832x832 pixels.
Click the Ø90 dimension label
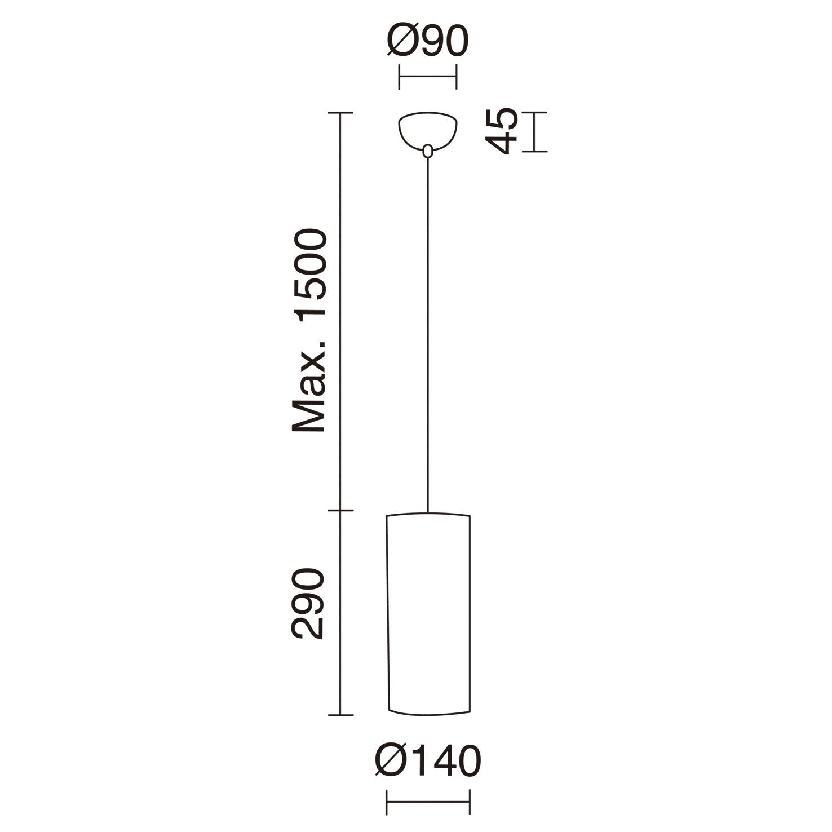(428, 41)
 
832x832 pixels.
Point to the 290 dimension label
(309, 604)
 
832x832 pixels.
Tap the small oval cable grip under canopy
(428, 151)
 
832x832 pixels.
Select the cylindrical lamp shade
(428, 614)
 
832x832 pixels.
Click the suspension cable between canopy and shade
(428, 333)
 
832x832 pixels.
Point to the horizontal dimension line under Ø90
(428, 77)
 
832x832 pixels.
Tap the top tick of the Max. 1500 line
(340, 113)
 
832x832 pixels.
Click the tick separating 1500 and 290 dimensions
(340, 511)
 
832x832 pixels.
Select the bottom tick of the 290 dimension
(340, 715)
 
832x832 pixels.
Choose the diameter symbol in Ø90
(402, 41)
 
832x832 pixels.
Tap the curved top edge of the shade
(428, 514)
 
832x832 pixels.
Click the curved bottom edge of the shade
(428, 712)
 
